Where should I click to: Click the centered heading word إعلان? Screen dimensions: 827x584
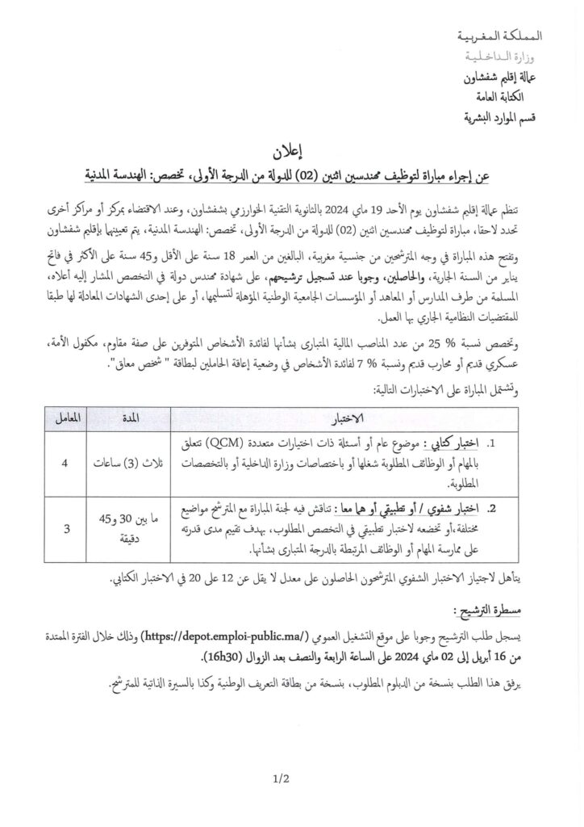(302, 153)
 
